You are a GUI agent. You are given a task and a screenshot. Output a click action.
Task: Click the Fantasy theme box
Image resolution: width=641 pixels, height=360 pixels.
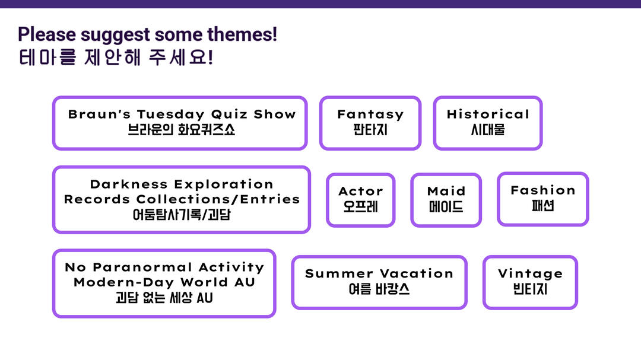pos(370,123)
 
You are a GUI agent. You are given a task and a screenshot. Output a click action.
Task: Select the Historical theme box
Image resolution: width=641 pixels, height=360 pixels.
pos(488,123)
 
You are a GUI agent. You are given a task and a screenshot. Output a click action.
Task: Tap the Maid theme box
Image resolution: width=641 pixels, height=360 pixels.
pos(446,200)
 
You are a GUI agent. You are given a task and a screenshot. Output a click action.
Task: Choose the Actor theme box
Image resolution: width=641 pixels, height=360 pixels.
pos(361,200)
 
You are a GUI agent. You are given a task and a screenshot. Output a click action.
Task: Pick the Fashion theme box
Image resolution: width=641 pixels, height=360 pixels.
pos(543,199)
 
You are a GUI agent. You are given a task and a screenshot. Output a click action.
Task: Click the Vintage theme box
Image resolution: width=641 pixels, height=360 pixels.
pos(530,282)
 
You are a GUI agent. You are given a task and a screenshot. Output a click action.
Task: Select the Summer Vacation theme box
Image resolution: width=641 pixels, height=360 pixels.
pos(379,282)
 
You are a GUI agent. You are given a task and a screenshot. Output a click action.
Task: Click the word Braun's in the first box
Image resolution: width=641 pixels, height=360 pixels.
pos(99,114)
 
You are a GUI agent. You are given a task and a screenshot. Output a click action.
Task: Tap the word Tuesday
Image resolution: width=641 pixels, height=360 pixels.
pos(171,114)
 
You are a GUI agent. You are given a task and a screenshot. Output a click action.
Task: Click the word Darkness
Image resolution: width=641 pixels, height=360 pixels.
pos(129,184)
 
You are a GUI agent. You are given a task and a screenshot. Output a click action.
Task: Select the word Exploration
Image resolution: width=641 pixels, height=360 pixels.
pos(224,184)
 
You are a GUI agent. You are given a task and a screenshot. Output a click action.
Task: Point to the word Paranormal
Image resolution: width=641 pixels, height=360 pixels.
pos(142,267)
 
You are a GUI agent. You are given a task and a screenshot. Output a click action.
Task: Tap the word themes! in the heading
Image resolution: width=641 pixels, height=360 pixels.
pos(242,34)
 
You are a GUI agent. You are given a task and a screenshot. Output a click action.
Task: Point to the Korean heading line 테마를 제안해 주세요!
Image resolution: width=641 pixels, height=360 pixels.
pos(116,57)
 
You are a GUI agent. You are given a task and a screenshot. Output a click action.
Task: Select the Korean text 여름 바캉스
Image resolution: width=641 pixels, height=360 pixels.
pos(379,289)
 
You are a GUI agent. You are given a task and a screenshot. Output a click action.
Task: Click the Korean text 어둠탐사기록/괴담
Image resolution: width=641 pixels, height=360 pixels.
pos(182,214)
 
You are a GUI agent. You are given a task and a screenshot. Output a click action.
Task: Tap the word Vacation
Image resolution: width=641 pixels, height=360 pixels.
pos(417,273)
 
